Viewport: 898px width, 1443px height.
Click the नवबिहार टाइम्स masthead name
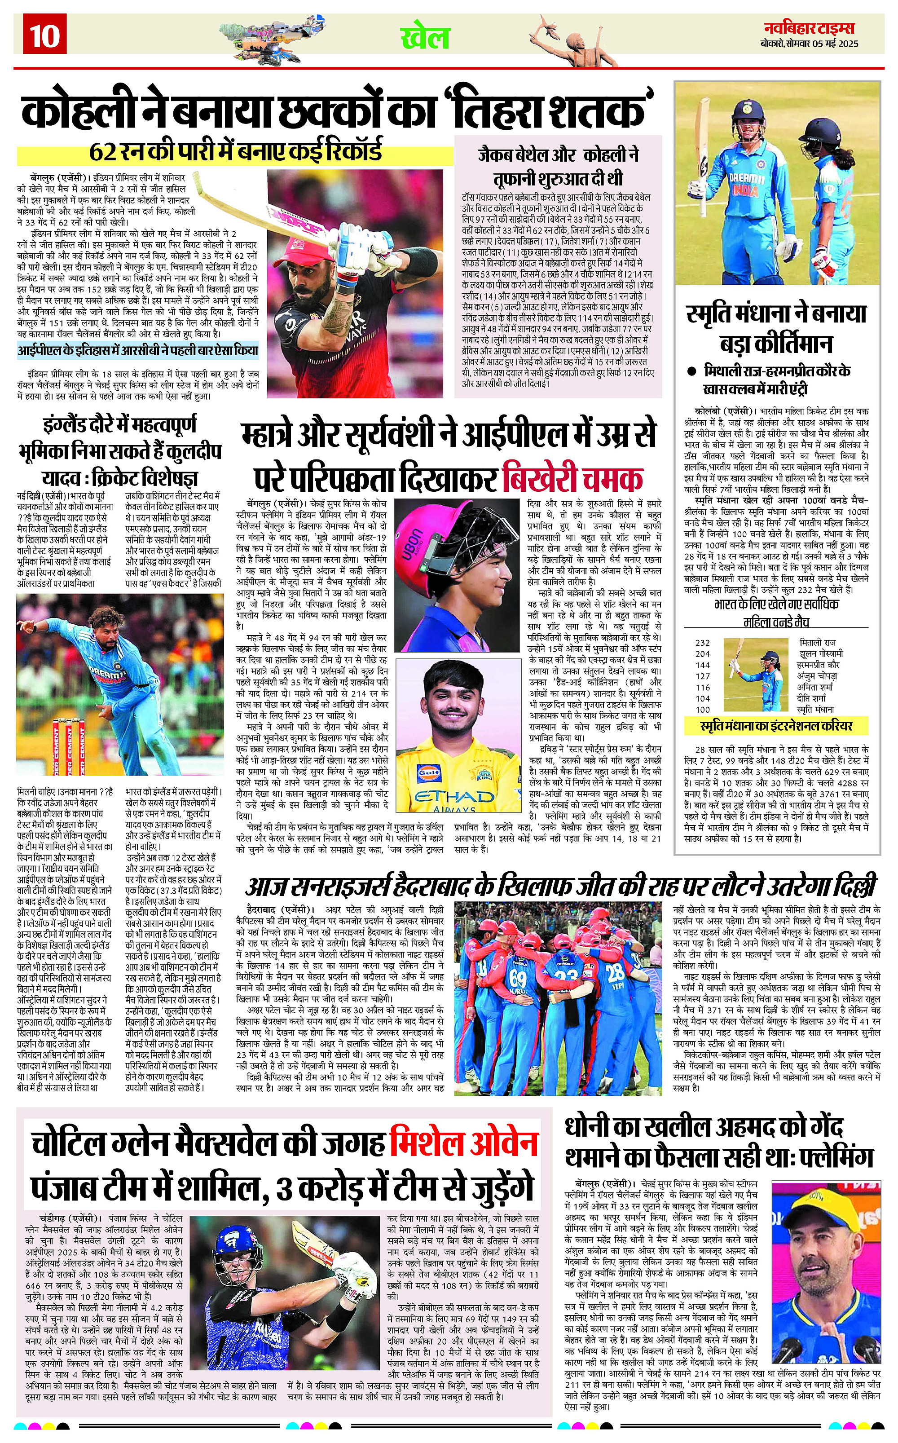809,27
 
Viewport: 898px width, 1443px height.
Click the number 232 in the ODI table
703,643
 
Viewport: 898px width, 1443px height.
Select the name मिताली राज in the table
817,643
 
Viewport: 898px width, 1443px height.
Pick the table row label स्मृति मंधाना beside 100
815,709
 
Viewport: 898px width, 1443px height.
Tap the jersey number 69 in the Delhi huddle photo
517,977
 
